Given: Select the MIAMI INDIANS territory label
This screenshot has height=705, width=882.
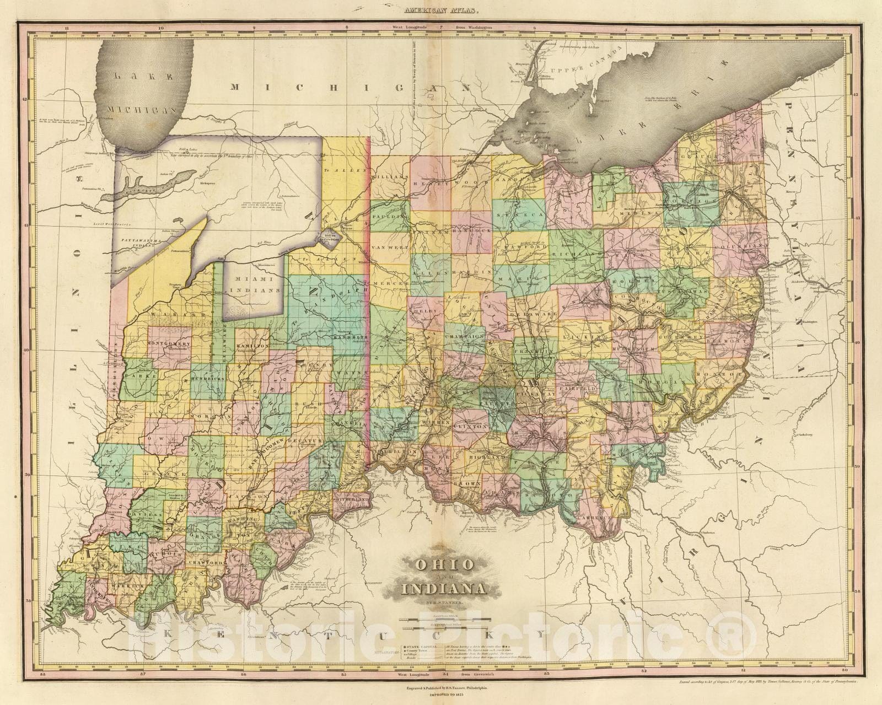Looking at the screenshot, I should click(x=255, y=285).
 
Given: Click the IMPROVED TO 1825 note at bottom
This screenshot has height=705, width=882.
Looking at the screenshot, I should click(x=440, y=696).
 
